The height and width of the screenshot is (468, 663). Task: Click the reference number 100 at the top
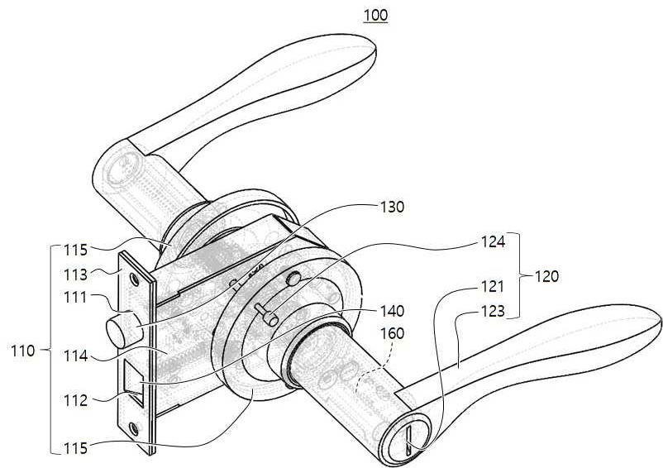tap(375, 15)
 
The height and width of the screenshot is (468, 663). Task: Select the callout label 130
tap(393, 208)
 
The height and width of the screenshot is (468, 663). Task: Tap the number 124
tap(493, 242)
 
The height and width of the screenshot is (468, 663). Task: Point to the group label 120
tap(546, 276)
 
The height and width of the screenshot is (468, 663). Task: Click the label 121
tap(493, 287)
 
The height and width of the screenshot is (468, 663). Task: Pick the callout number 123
tap(493, 312)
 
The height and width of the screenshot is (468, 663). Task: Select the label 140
tap(393, 312)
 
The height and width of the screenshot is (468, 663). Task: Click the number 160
tap(393, 333)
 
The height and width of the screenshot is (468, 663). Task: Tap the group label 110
tap(23, 351)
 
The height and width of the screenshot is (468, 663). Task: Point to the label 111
tap(75, 297)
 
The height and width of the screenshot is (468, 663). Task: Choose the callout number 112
tap(75, 400)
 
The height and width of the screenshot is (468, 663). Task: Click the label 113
tap(75, 275)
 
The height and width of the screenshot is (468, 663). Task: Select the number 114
tap(75, 356)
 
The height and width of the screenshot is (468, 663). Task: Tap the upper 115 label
tap(75, 250)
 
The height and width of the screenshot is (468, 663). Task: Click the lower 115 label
tap(75, 448)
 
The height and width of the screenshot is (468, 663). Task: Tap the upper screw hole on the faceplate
tap(135, 279)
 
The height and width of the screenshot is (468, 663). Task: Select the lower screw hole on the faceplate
tap(135, 428)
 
